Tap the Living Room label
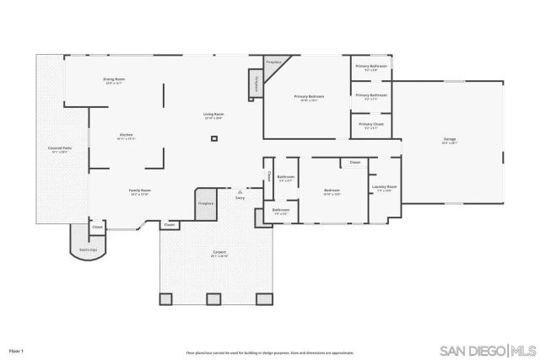[x=213, y=115]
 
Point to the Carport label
[x=219, y=253]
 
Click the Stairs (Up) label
[x=89, y=250]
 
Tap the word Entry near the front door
[x=240, y=197]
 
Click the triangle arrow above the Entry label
[x=240, y=191]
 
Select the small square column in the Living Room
[x=214, y=137]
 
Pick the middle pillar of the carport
[x=214, y=298]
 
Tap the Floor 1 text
[x=16, y=350]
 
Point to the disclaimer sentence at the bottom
[x=270, y=352]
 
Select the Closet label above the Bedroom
[x=354, y=162]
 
